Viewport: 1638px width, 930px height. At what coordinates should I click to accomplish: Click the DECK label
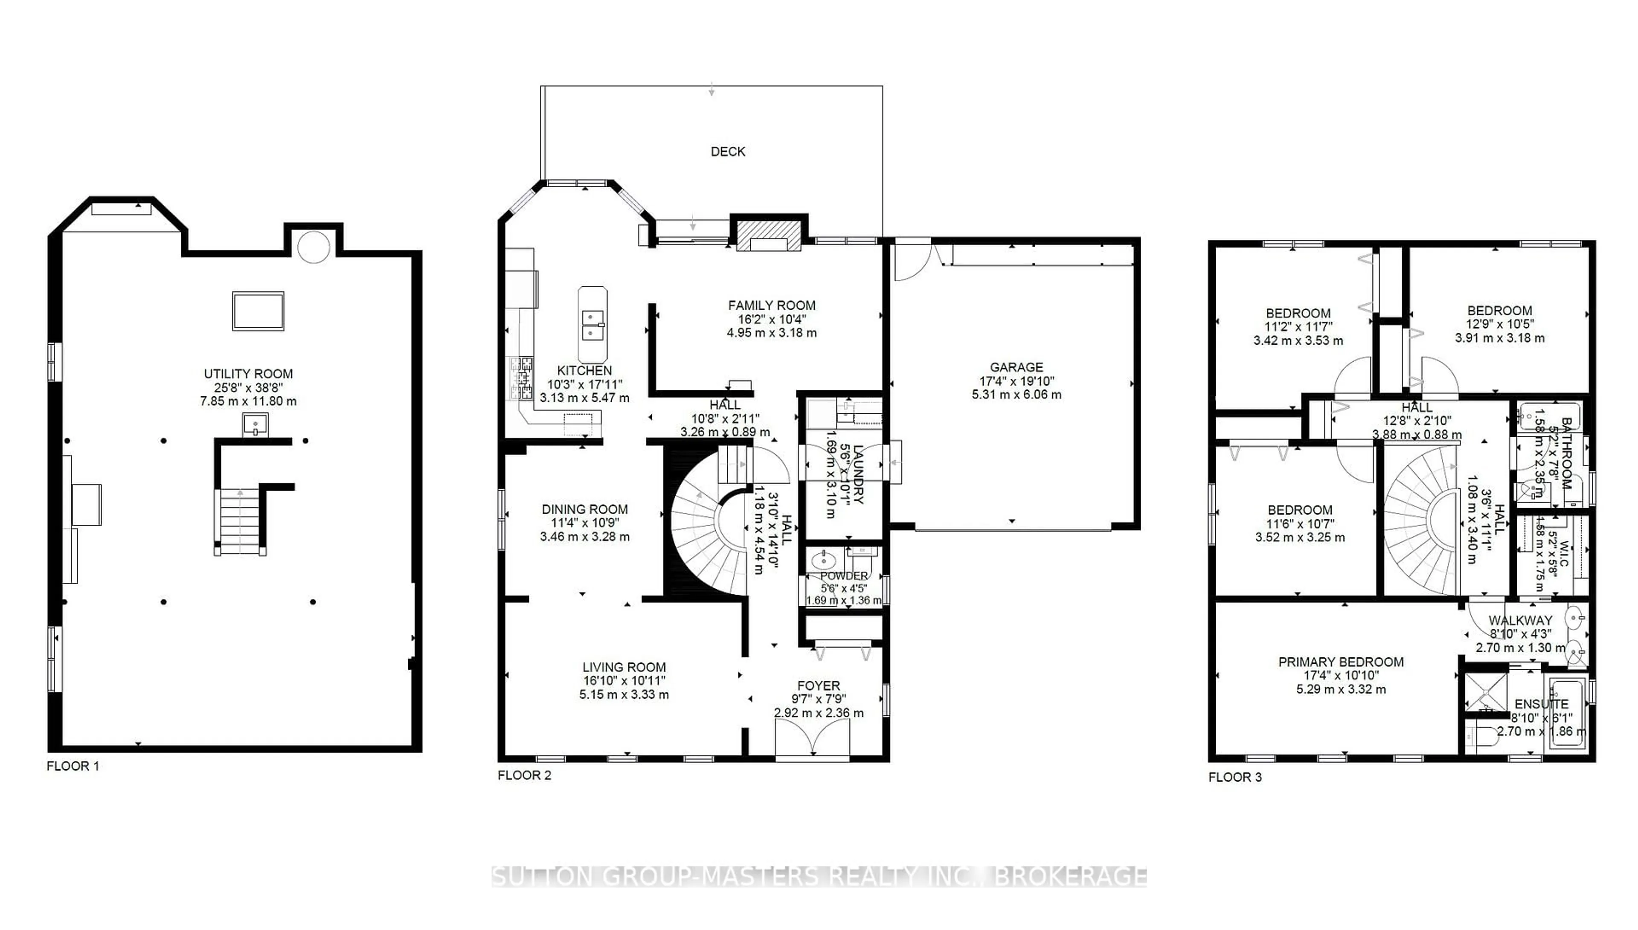(727, 151)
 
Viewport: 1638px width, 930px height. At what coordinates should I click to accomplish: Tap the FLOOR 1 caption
(73, 766)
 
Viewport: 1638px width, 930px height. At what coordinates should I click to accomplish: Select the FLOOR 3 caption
(1234, 777)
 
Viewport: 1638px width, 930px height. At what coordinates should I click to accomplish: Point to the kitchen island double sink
(592, 325)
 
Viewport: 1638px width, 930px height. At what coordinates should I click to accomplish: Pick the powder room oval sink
(823, 561)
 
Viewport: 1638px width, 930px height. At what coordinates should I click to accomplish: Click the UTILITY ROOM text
(248, 374)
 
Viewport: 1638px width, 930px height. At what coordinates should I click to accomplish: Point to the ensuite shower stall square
(1484, 693)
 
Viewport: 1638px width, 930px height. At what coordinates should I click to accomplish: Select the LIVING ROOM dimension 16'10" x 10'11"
(624, 681)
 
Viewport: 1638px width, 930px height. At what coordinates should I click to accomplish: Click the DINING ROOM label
(584, 509)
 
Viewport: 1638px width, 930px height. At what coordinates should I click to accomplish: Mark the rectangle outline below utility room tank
(258, 311)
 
